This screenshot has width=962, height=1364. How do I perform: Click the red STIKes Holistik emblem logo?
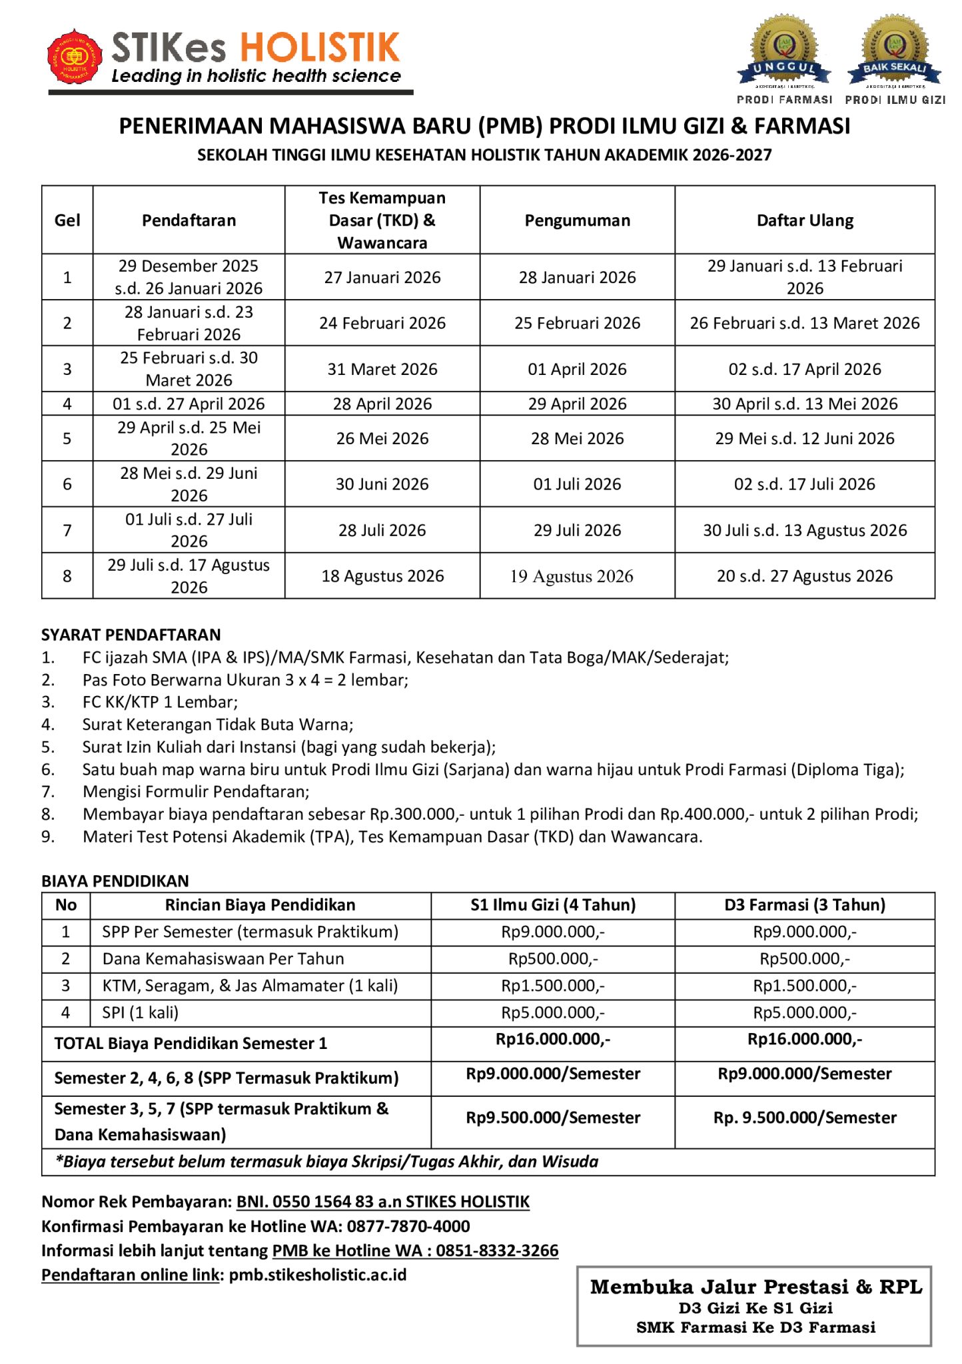point(75,57)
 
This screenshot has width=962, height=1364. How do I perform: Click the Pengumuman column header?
point(577,220)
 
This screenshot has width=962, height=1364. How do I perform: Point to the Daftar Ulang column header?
point(805,220)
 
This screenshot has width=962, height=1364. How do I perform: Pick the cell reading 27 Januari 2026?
point(382,277)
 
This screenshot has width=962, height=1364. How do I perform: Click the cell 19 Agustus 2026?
point(572,576)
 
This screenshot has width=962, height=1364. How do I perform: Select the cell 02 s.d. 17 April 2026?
point(805,369)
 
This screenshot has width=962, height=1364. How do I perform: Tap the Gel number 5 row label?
point(67,438)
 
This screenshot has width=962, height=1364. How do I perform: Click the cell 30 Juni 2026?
point(382,484)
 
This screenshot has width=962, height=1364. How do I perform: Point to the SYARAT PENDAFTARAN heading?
point(131,635)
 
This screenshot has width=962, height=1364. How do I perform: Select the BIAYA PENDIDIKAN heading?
point(115,881)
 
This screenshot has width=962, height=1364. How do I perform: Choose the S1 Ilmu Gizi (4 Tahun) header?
point(553,905)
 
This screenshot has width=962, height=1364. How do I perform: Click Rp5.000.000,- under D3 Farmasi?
point(805,1012)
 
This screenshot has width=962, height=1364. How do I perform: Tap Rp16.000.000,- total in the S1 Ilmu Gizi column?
point(553,1039)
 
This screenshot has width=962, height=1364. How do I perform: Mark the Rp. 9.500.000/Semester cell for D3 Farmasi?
point(805,1118)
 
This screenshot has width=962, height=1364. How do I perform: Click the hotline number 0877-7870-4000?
point(408,1226)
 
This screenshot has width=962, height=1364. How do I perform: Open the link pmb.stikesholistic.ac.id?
point(318,1275)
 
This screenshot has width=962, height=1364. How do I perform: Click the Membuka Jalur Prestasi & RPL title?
point(756,1287)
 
